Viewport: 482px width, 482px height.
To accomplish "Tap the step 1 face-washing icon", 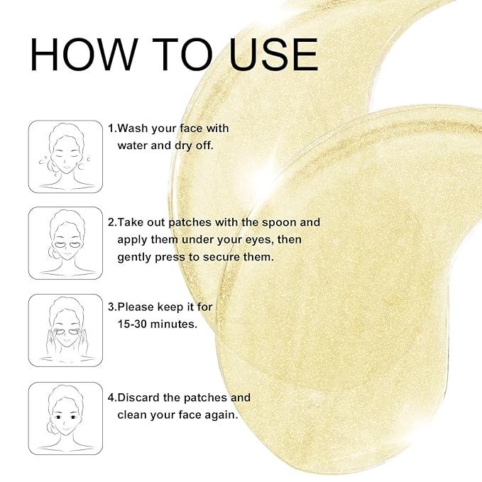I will point(65,156).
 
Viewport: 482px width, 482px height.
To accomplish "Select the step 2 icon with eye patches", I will point(65,243).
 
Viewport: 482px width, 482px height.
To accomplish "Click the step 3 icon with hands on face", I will point(65,330).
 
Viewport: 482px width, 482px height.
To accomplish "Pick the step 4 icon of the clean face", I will point(65,418).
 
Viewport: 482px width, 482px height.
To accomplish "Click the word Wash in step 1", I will point(133,128).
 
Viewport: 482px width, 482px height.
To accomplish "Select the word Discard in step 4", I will point(139,398).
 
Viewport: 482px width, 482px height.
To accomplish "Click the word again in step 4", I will point(219,415).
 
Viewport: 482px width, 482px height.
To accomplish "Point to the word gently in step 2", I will point(134,257).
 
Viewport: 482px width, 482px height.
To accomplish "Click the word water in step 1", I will point(133,146).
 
